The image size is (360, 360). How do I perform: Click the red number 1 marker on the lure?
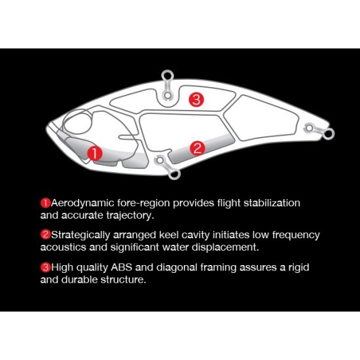[95, 153]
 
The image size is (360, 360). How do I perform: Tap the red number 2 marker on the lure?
[197, 149]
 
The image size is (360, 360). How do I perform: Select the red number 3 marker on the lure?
[196, 99]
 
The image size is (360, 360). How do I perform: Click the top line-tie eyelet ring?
[168, 75]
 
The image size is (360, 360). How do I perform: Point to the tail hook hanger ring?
[329, 134]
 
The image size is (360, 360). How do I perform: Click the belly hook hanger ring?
[175, 174]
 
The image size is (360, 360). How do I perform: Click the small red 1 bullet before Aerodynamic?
[45, 204]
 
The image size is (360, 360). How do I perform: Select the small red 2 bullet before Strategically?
[45, 235]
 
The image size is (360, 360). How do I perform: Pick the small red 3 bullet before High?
[45, 268]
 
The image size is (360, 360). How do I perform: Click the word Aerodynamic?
[82, 204]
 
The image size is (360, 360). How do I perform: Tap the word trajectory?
[130, 216]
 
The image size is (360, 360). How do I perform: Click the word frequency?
[296, 236]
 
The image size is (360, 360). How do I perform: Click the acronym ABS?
[122, 268]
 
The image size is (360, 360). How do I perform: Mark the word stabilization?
[272, 203]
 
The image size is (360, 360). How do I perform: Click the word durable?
[79, 280]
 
